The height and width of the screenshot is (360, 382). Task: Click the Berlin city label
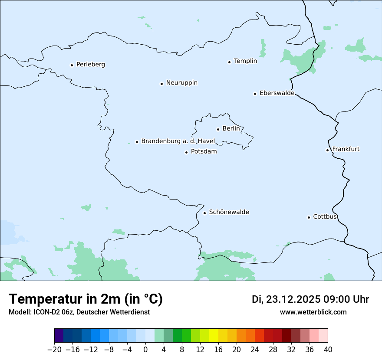231,129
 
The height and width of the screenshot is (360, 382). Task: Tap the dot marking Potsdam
187,152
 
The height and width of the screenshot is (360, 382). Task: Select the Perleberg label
90,65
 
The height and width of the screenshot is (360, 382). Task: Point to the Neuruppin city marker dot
161,84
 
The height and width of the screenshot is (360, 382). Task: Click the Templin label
245,61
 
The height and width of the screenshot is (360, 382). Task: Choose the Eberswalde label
277,93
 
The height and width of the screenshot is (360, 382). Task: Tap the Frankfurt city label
346,149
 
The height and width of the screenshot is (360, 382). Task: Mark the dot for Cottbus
309,217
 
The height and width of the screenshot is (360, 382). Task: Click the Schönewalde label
229,212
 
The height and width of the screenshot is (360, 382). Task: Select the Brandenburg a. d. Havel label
178,141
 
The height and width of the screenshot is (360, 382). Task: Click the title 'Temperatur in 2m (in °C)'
86,299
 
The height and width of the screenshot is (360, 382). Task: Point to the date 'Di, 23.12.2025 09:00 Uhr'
310,299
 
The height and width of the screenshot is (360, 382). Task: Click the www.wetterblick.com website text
313,312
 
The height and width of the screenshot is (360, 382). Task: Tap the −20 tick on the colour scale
55,350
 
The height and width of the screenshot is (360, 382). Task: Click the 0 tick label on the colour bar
145,350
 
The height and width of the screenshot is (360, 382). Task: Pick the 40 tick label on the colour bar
328,350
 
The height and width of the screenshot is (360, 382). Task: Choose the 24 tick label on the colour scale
255,350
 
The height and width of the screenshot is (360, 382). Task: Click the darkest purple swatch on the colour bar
59,336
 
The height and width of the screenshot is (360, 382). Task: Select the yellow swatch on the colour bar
214,336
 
